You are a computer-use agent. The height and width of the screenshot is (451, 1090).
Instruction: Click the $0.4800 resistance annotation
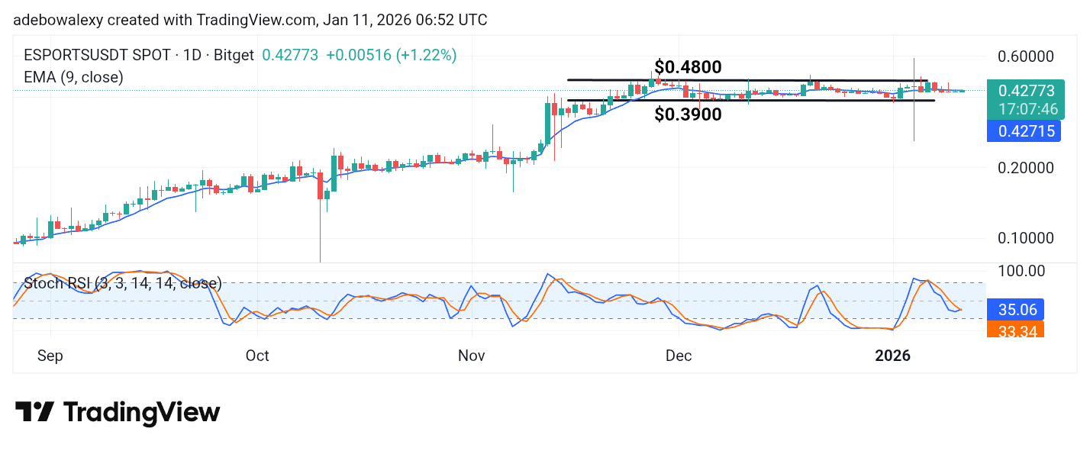pyautogui.click(x=688, y=67)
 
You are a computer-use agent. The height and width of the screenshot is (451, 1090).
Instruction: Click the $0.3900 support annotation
pyautogui.click(x=688, y=114)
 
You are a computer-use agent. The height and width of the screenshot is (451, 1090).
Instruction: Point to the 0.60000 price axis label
pyautogui.click(x=1026, y=56)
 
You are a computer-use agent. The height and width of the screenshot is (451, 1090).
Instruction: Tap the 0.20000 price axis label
pyautogui.click(x=1026, y=168)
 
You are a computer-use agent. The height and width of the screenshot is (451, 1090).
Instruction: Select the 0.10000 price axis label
pyautogui.click(x=1026, y=238)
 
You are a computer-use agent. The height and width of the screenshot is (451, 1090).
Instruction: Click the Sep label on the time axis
pyautogui.click(x=51, y=356)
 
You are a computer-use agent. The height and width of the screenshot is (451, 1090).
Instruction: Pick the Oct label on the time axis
pyautogui.click(x=257, y=356)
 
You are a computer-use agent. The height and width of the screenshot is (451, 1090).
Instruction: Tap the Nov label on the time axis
pyautogui.click(x=472, y=356)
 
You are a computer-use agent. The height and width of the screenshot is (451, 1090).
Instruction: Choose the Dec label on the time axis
pyautogui.click(x=679, y=356)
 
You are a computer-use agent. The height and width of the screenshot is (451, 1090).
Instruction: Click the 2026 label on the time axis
pyautogui.click(x=892, y=356)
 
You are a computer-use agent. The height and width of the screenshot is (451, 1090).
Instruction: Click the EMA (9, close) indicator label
pyautogui.click(x=74, y=77)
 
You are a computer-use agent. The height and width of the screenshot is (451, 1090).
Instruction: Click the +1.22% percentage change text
pyautogui.click(x=433, y=56)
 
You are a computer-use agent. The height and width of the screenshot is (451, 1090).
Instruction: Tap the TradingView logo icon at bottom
pyautogui.click(x=34, y=412)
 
